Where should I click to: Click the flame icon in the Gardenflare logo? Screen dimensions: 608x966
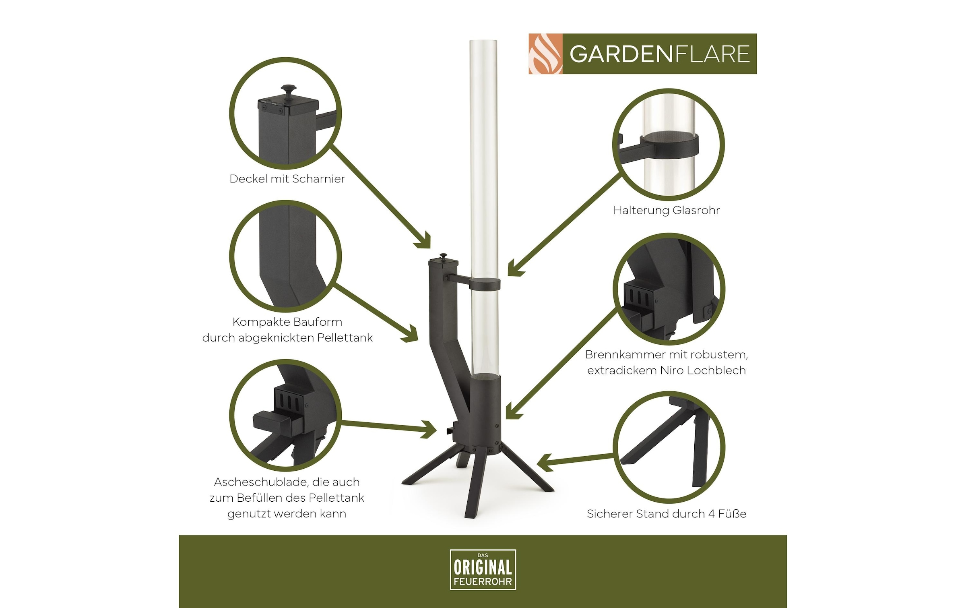pos(545,54)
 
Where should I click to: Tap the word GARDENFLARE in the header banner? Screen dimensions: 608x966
pos(659,54)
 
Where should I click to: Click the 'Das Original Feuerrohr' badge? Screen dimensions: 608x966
pos(483,569)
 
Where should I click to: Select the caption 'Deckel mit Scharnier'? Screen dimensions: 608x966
pos(287,179)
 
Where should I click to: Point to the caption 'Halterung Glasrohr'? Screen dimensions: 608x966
pos(666,210)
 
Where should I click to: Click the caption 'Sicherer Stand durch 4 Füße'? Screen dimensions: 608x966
pos(666,514)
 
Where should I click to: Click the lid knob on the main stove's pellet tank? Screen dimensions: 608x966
pos(444,256)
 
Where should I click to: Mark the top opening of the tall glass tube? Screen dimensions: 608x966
pos(483,41)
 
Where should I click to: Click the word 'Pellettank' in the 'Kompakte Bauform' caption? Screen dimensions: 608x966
pos(345,338)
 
